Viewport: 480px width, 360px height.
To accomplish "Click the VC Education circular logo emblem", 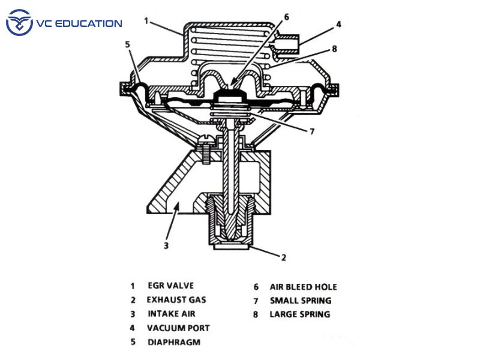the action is click(x=19, y=22).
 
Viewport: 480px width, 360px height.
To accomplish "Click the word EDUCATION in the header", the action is click(x=88, y=23).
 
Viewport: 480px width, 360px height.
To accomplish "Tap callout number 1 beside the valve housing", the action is click(x=146, y=21).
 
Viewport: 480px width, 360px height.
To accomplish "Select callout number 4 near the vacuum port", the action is click(x=338, y=25).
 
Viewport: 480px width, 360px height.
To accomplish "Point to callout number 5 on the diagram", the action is click(x=128, y=44).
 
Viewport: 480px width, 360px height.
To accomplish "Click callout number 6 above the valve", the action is click(x=286, y=17).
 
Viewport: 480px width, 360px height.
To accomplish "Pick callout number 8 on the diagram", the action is click(x=334, y=49).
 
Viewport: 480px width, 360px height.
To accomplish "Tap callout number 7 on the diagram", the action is click(x=312, y=131).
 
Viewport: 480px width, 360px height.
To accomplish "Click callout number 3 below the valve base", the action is click(x=166, y=245).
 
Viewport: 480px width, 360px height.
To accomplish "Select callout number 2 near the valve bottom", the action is click(x=283, y=257).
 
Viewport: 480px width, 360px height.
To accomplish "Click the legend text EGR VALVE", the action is click(x=171, y=286).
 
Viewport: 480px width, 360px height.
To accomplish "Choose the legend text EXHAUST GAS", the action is click(x=176, y=299).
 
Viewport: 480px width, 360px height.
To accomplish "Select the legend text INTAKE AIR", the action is click(x=172, y=314).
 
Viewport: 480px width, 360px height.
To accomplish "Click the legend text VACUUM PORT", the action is click(x=178, y=328).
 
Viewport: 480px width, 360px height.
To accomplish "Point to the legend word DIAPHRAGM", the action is click(x=174, y=342).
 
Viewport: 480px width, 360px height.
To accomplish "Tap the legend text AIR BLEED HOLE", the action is click(x=304, y=287).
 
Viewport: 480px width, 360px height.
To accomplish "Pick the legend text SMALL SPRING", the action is click(x=301, y=301).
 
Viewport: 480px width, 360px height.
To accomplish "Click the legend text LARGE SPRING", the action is click(x=300, y=314).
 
